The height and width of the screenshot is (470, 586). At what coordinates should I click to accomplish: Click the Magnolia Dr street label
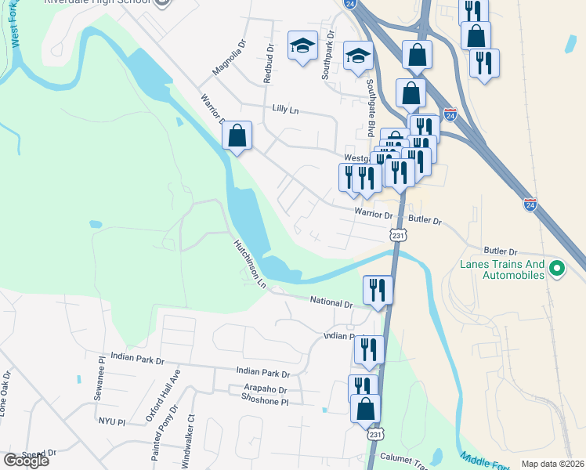[229, 60]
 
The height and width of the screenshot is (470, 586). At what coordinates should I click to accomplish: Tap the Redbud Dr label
[269, 63]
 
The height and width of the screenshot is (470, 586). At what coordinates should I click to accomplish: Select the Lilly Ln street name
[285, 110]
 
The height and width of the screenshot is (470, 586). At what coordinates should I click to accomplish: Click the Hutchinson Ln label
[249, 262]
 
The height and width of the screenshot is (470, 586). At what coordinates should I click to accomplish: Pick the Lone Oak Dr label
[4, 395]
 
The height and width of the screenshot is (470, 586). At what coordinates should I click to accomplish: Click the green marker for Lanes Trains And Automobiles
[557, 269]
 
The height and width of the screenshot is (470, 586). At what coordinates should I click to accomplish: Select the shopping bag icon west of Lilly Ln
[237, 136]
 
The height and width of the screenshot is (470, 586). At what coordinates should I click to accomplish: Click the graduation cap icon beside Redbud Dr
[302, 45]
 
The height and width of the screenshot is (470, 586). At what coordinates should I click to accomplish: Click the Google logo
[26, 461]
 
